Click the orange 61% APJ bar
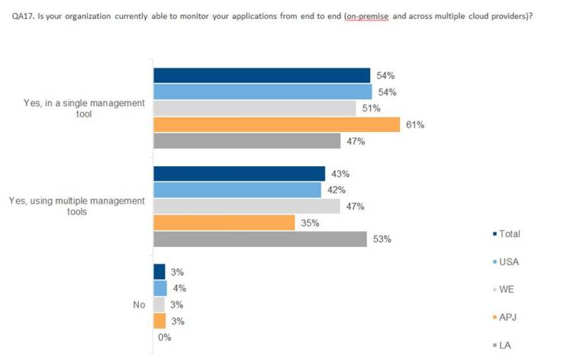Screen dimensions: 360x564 tap(276, 124)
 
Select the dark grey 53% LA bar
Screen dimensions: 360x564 tap(260, 239)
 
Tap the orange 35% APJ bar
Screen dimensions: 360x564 tap(224, 223)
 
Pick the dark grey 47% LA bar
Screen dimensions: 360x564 tap(247, 141)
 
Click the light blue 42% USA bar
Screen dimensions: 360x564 tap(237, 190)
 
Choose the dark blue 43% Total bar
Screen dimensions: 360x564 tap(239, 174)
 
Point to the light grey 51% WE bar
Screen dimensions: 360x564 tap(255, 108)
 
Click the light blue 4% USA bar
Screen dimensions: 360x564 tap(160, 288)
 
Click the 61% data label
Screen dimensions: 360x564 tap(415, 124)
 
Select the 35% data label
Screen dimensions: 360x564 tap(310, 223)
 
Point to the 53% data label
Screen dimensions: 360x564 tap(382, 239)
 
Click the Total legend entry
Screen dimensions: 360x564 tap(508, 234)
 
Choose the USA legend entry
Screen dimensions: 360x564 tap(508, 262)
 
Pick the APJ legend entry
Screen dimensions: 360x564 tap(508, 317)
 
